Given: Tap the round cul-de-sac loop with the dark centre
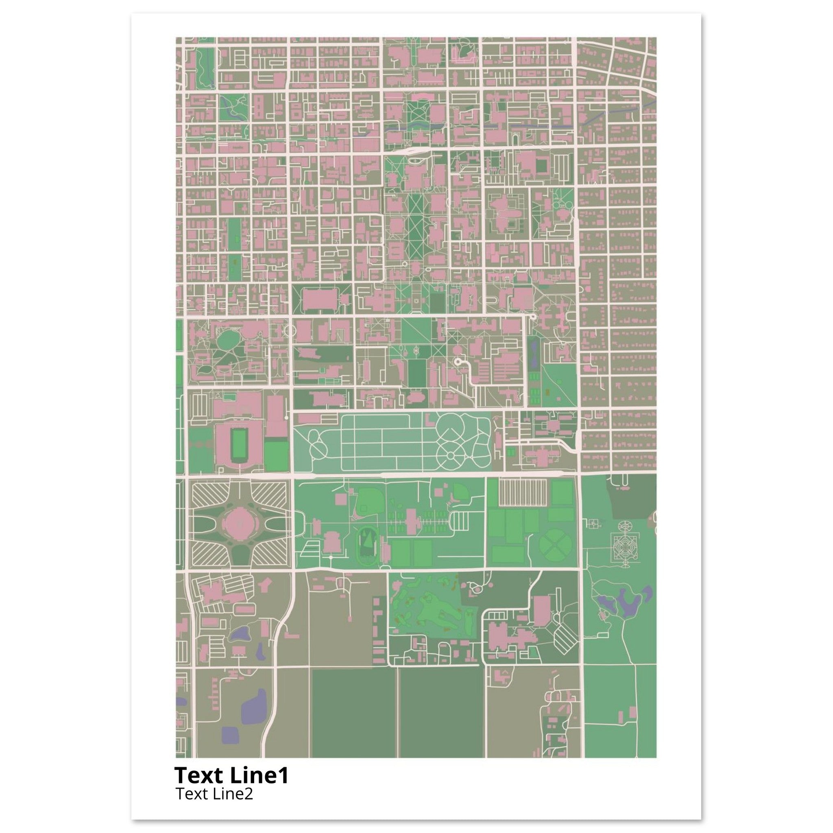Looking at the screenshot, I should point(458,362).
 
